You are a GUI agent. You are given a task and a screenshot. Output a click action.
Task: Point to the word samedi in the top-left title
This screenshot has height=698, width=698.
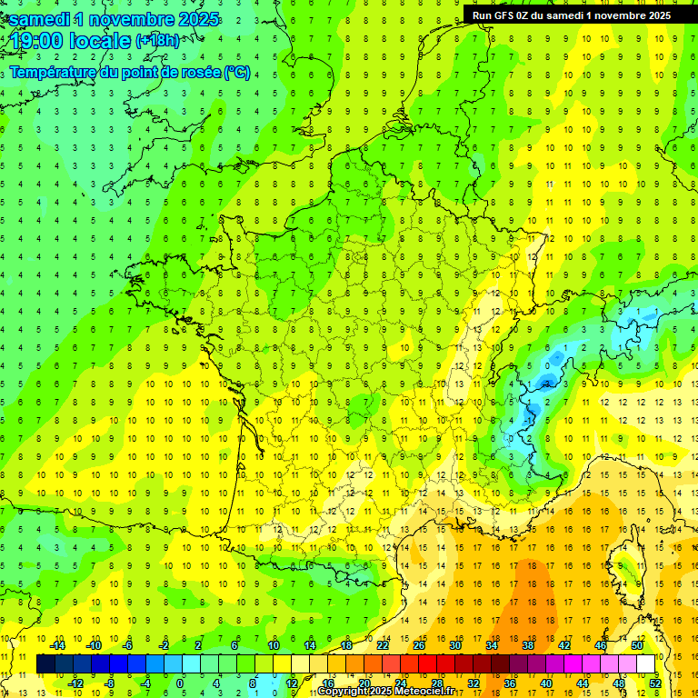(x=38, y=18)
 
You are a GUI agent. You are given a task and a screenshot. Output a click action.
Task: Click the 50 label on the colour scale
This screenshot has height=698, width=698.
(x=636, y=645)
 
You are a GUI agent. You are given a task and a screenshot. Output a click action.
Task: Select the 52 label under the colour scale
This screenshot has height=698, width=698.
(x=654, y=683)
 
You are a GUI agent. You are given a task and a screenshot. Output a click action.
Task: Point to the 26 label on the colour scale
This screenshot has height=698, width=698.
(x=419, y=645)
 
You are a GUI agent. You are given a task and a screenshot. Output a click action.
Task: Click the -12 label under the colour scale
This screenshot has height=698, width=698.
(x=75, y=683)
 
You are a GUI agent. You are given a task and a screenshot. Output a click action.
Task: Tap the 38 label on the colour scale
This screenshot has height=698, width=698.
(x=528, y=645)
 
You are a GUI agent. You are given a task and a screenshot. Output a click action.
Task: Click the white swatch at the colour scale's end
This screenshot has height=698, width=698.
(x=646, y=664)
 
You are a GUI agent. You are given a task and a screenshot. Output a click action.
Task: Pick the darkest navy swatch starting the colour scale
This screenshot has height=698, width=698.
(x=45, y=664)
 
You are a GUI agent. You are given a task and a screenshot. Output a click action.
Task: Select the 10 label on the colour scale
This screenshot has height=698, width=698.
(x=274, y=645)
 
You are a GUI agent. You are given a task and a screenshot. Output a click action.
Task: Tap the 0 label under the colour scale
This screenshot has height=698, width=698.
(x=180, y=683)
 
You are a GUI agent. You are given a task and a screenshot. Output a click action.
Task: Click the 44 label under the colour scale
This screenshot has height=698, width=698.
(x=583, y=683)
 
